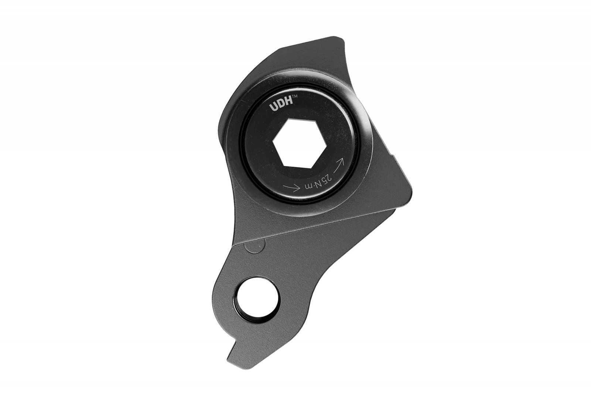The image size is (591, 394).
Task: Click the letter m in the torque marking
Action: tap(307, 187)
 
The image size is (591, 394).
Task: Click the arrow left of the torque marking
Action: tap(291, 188)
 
